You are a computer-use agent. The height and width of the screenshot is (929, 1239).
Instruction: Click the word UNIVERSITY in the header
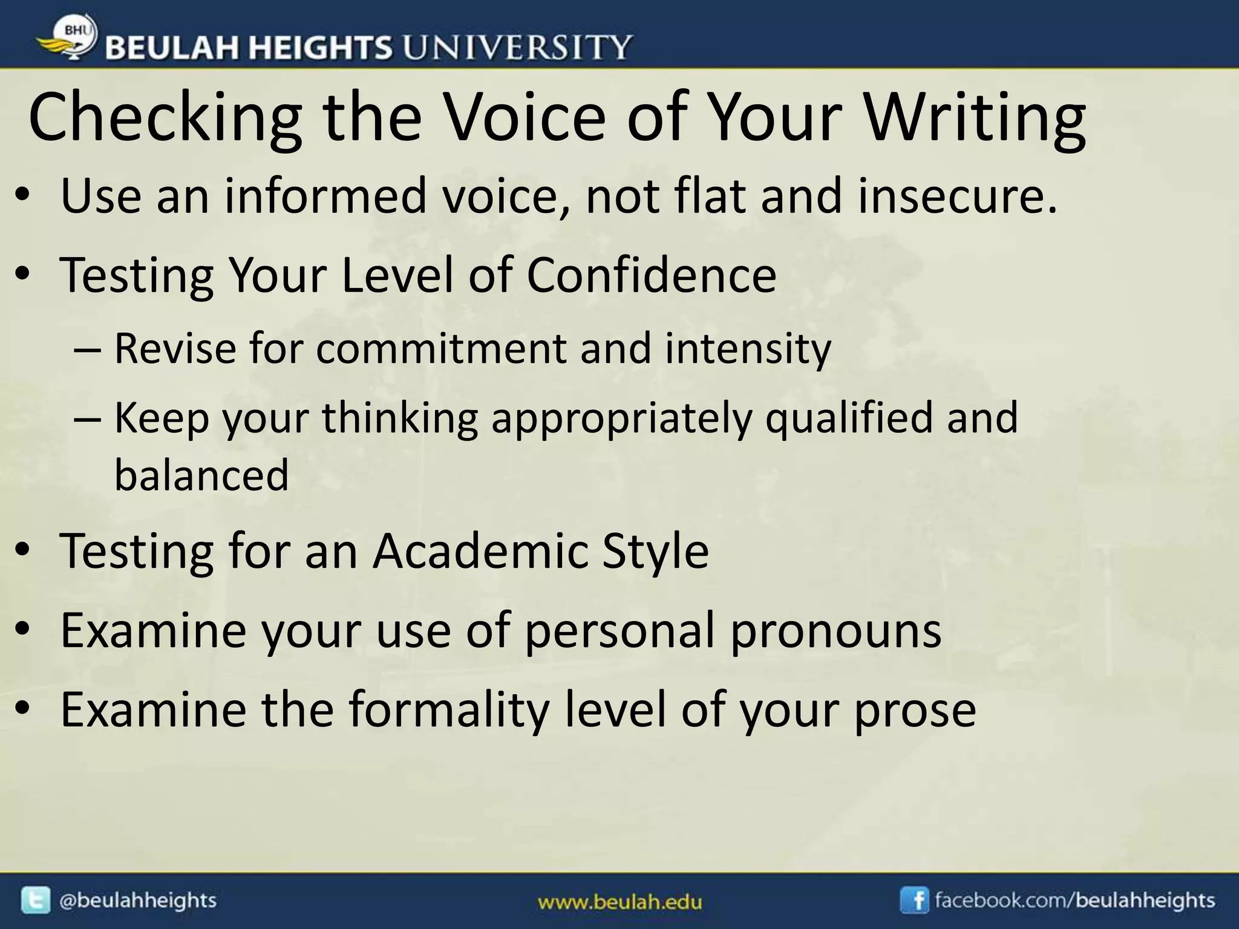point(517,47)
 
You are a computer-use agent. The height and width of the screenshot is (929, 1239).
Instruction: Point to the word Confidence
point(651,275)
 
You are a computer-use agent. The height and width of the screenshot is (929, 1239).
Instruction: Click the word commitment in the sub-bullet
point(441,349)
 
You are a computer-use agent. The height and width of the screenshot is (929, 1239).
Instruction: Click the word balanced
point(201,475)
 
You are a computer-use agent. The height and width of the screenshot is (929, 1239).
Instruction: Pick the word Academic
point(480,551)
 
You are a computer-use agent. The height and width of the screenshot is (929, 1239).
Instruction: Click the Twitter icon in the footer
point(36,901)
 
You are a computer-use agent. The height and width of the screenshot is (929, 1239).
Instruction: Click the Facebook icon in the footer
point(914,901)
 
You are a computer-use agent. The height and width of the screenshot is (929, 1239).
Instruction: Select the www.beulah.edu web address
point(620,903)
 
